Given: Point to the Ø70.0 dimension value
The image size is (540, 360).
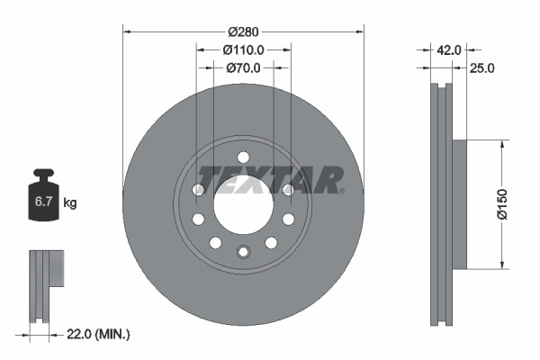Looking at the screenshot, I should (243, 67).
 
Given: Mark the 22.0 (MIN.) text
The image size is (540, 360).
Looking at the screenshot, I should (99, 335).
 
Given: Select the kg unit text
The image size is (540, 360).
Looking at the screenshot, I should (70, 203).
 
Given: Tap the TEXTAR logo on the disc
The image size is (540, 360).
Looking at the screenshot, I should (270, 180).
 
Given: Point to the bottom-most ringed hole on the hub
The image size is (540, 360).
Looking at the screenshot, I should (243, 251).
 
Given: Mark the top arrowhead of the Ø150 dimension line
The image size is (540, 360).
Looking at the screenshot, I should (500, 143).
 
